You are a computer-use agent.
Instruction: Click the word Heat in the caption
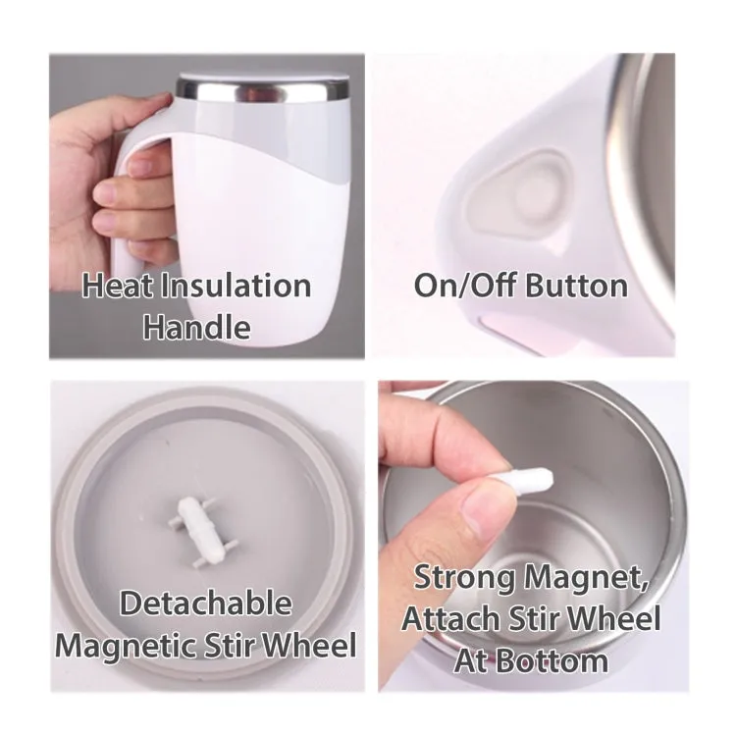[x=118, y=286]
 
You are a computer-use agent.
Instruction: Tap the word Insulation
[x=237, y=286]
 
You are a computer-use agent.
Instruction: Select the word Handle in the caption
[x=196, y=327]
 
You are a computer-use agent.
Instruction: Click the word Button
[x=576, y=286]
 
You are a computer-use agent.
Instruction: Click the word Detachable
[x=206, y=604]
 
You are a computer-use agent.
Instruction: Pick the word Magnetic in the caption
[x=125, y=647]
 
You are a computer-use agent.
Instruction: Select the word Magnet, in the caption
[x=587, y=578]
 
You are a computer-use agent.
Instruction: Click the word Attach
[x=450, y=619]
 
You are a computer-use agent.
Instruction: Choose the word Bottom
[x=552, y=660]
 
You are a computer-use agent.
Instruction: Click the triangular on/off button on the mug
[x=519, y=195]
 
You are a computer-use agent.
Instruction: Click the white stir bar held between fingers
[x=521, y=480]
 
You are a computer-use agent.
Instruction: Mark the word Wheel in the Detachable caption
[x=309, y=645]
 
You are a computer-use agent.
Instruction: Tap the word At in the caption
[x=471, y=660]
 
